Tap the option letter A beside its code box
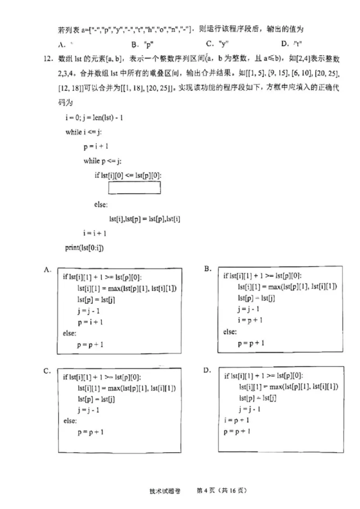click(46, 269)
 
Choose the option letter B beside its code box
click(208, 268)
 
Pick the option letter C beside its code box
click(46, 371)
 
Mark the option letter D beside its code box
click(207, 370)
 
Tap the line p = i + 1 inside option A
click(90, 322)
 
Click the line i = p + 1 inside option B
click(250, 320)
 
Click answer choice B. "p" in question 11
click(142, 44)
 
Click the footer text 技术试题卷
click(165, 491)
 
